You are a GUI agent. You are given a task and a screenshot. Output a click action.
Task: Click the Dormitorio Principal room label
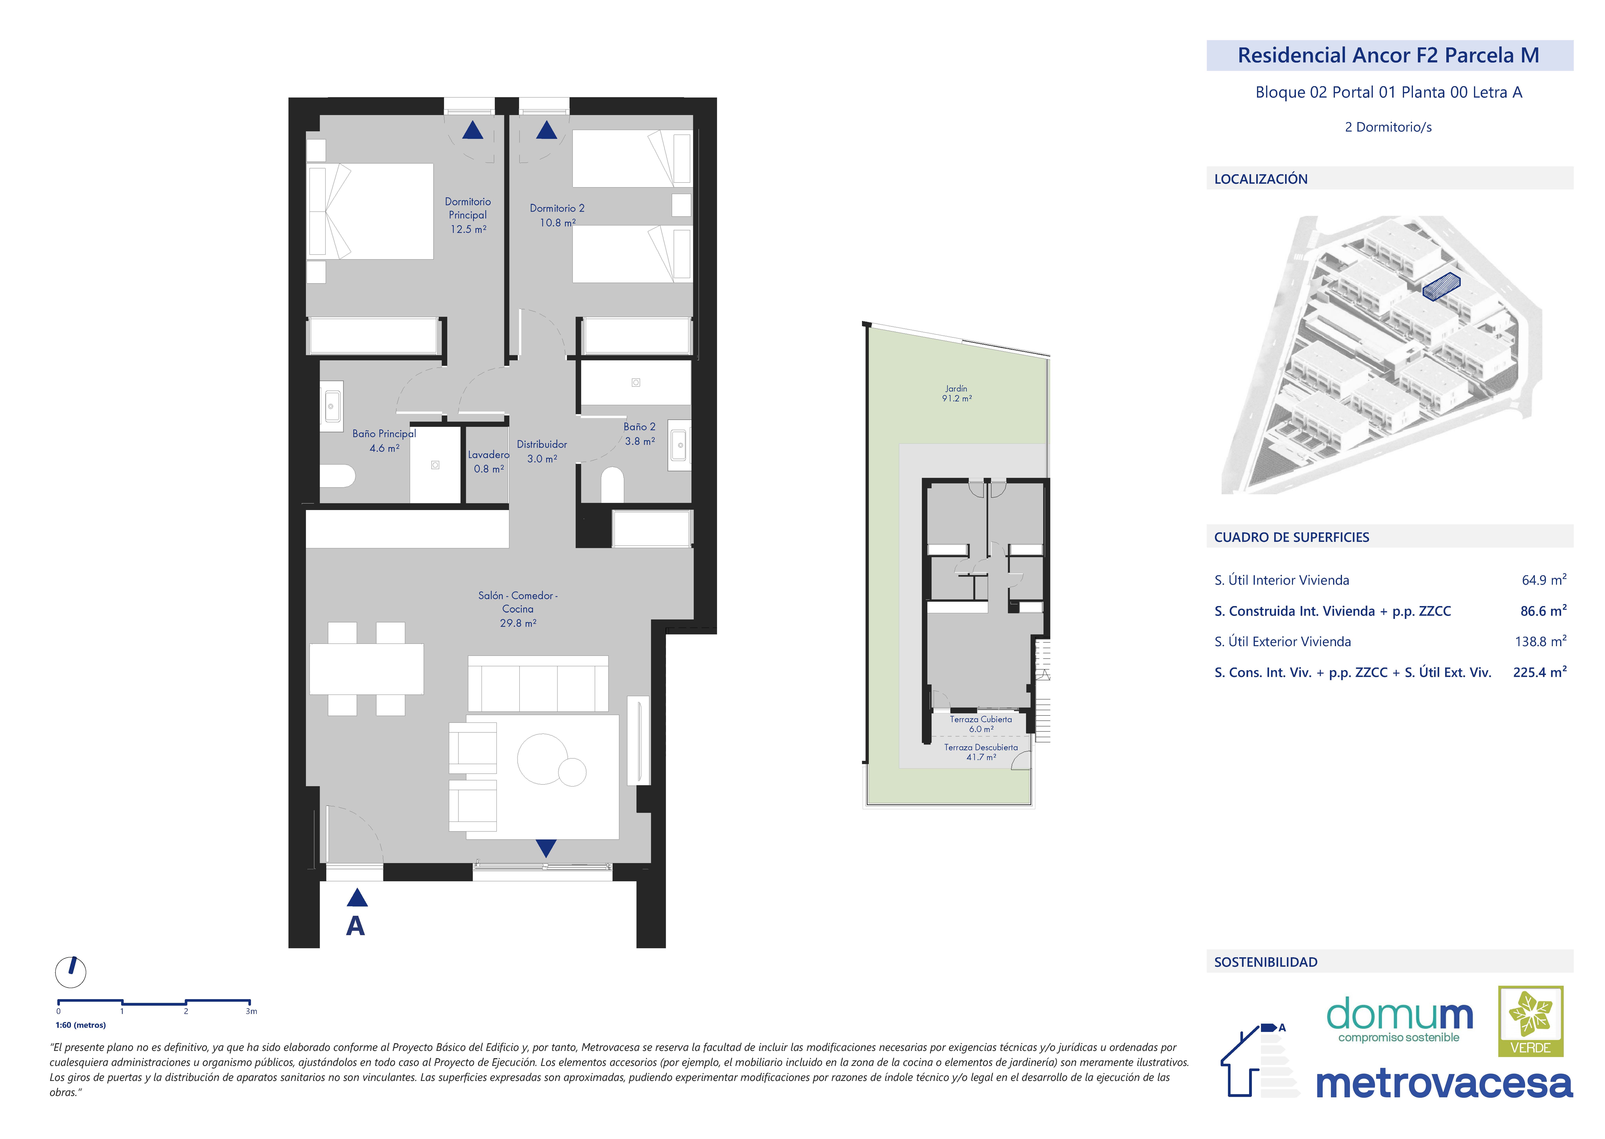click(x=468, y=208)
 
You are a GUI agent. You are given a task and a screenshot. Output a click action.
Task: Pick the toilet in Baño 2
click(x=612, y=485)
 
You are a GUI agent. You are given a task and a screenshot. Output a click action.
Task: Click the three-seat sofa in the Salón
click(x=538, y=684)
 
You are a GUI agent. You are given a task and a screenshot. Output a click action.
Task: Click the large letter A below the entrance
click(x=356, y=926)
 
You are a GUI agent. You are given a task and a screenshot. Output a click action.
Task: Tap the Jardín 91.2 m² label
click(x=957, y=393)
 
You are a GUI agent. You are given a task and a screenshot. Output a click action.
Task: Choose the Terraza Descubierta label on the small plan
click(x=981, y=748)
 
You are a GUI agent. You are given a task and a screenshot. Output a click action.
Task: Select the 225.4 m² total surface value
click(x=1540, y=672)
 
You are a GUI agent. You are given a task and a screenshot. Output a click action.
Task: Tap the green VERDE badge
click(x=1531, y=1021)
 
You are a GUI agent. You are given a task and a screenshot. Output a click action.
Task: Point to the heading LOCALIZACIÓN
click(x=1261, y=179)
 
